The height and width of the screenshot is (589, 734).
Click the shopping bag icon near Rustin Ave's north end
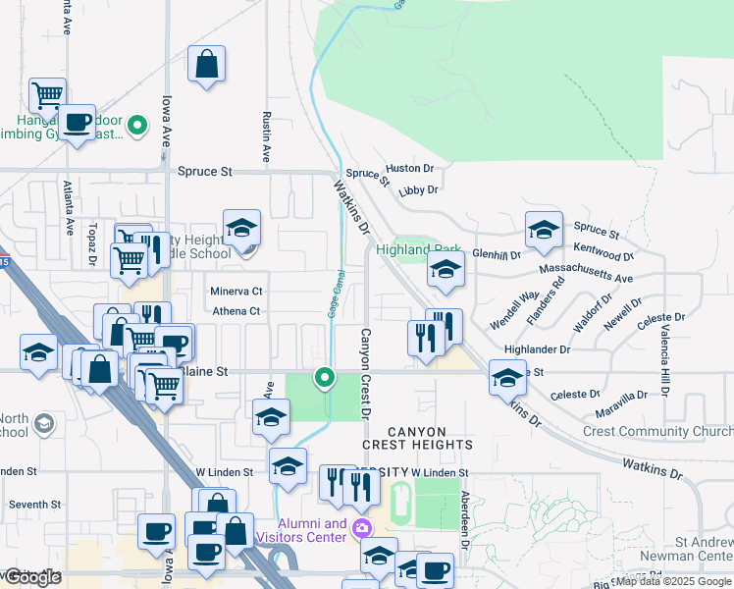pos(207,66)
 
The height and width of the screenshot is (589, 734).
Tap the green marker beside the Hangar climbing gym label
pos(138,125)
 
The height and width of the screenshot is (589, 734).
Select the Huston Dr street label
pos(409,169)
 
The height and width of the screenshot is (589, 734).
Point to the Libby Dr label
pos(418,189)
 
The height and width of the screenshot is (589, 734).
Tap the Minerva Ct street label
pos(236,292)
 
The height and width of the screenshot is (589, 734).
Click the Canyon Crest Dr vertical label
pos(365,372)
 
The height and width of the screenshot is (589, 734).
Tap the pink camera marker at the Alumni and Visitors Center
pos(362,528)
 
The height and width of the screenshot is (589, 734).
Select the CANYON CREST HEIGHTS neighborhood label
pos(430,438)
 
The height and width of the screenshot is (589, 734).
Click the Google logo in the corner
pos(32,577)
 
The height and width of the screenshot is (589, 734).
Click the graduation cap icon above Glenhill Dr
pos(543,230)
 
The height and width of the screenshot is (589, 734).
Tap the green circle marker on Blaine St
pos(324,376)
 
